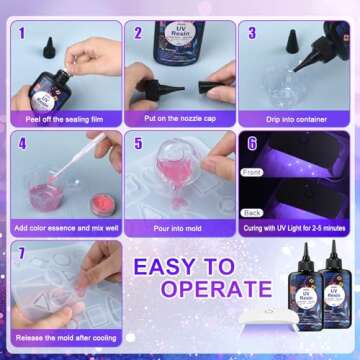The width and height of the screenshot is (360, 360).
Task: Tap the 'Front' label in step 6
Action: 253,171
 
